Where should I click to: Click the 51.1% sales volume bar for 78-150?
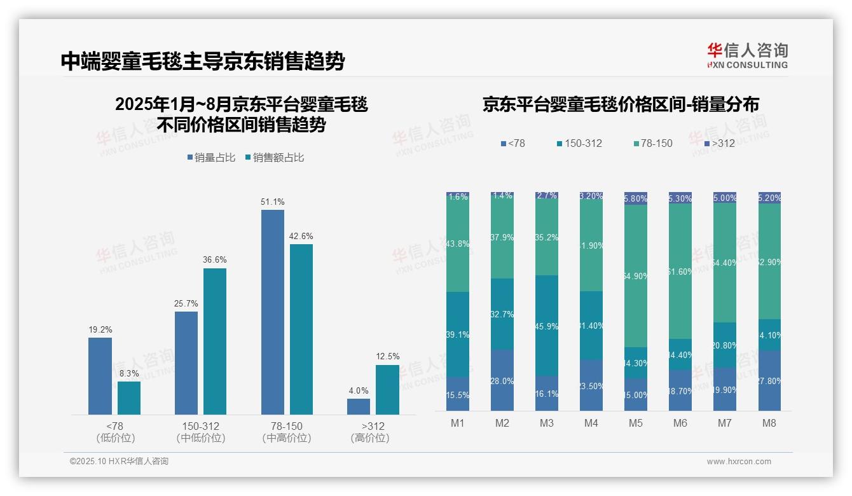click(x=273, y=312)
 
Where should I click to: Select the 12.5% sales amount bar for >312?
click(x=387, y=389)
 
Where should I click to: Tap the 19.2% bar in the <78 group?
click(x=100, y=376)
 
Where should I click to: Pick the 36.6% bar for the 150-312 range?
click(x=215, y=341)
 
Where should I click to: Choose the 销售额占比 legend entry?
click(x=274, y=157)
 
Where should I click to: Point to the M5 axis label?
click(x=636, y=424)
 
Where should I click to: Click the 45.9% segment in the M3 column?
click(x=547, y=325)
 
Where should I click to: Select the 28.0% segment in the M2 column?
click(x=502, y=380)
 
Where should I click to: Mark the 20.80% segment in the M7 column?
click(x=725, y=345)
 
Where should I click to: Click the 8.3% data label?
click(x=129, y=373)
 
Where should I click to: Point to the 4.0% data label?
click(x=359, y=390)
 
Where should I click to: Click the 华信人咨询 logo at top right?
click(x=747, y=55)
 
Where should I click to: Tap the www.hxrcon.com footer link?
click(x=738, y=462)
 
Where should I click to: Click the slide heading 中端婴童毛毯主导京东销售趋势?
click(x=203, y=61)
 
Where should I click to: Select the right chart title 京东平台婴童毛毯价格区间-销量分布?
click(x=621, y=104)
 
